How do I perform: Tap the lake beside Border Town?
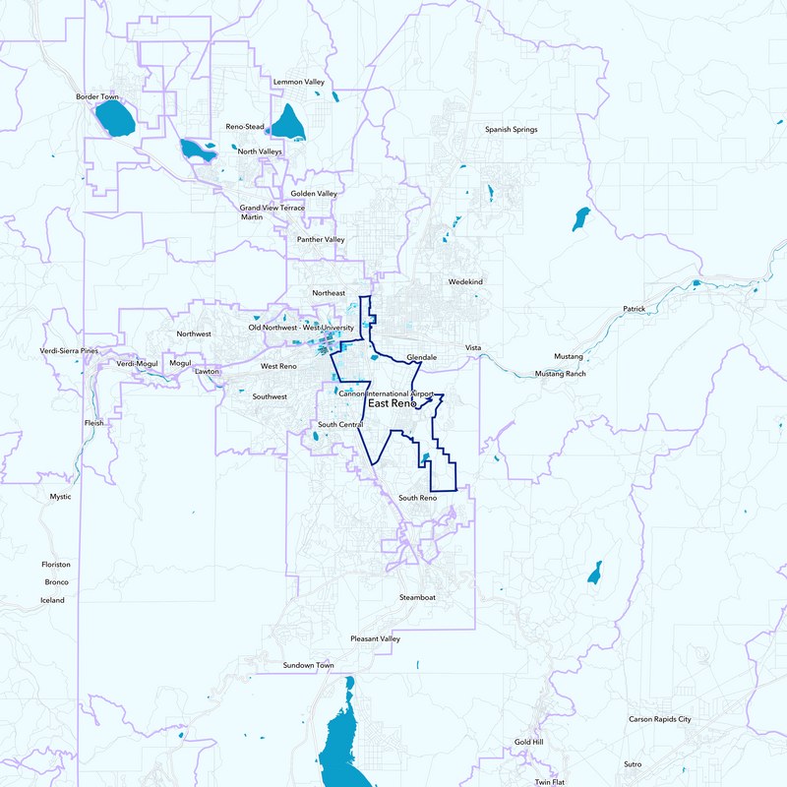(115, 120)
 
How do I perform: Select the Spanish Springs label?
(512, 130)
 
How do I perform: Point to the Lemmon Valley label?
(300, 81)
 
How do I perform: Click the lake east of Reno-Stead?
(288, 123)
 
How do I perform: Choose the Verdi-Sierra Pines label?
(69, 350)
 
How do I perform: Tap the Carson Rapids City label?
(660, 719)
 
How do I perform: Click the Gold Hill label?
(528, 741)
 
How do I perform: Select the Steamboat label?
(416, 597)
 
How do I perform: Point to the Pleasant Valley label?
(376, 638)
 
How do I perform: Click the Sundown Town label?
(308, 666)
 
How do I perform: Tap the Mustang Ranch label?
(560, 374)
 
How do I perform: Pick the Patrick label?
(634, 309)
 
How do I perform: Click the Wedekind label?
(465, 282)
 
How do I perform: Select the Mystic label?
(61, 497)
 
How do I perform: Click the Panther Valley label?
(321, 239)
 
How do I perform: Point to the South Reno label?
(417, 498)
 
